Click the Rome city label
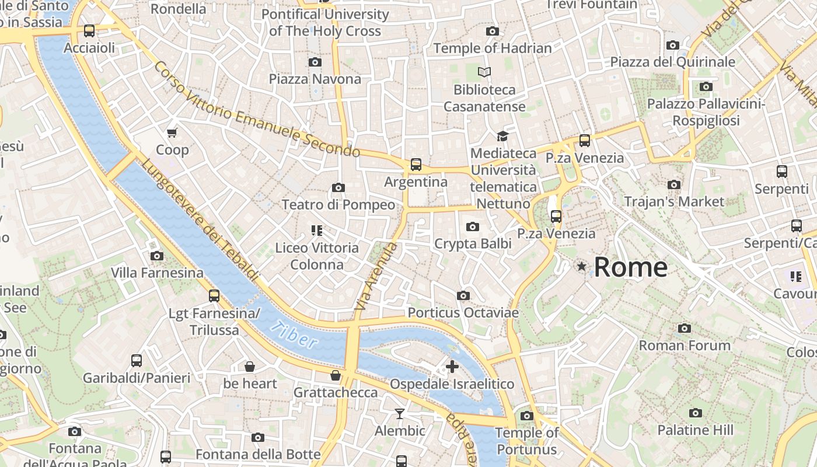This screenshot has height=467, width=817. (x=630, y=267)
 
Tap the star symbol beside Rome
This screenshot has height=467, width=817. (x=581, y=267)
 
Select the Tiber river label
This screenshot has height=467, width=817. (x=295, y=336)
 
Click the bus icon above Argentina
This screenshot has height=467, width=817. (x=416, y=165)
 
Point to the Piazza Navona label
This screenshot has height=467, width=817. (x=315, y=79)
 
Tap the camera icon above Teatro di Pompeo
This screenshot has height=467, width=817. (x=338, y=187)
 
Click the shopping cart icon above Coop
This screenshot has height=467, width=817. (x=172, y=133)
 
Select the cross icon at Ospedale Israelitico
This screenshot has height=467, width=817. (x=452, y=367)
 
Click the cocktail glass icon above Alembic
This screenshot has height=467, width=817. (x=400, y=414)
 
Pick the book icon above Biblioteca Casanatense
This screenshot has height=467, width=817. (x=484, y=72)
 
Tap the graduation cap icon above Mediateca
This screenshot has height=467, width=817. (x=502, y=136)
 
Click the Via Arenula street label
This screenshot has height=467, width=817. (x=376, y=276)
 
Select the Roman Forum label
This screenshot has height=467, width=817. (x=685, y=346)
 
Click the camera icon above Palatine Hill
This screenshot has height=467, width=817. (x=695, y=413)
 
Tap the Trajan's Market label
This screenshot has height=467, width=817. (x=674, y=202)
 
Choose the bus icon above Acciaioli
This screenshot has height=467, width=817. (x=89, y=31)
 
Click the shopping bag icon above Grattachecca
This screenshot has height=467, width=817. (x=336, y=375)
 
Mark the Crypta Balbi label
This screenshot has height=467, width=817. (x=473, y=243)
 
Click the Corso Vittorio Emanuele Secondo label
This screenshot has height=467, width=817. (x=257, y=110)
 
